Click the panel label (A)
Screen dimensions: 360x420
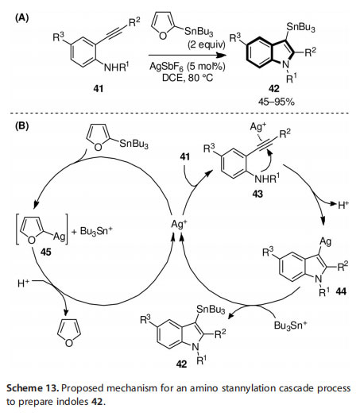click(21, 18)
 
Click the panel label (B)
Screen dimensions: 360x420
click(21, 125)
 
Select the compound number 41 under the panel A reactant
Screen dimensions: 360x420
click(99, 89)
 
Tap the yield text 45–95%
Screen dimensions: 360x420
click(277, 102)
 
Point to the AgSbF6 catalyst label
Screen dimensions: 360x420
click(166, 66)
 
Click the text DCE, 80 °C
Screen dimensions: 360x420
click(188, 78)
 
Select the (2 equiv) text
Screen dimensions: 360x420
click(206, 44)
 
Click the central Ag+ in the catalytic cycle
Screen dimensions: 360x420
click(180, 224)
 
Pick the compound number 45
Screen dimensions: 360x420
click(46, 252)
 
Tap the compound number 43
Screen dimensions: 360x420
click(257, 194)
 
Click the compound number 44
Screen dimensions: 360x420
click(341, 291)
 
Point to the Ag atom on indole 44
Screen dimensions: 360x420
click(326, 242)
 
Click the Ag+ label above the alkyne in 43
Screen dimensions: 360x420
click(258, 127)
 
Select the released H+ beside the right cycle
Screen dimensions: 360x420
click(343, 205)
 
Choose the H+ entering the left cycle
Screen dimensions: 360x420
click(24, 283)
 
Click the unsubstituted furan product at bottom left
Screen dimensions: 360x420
click(69, 333)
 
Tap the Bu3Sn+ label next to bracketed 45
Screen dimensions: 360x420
click(96, 231)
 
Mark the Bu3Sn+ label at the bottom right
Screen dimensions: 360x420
click(290, 326)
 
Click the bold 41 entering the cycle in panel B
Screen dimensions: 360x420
click(185, 156)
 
